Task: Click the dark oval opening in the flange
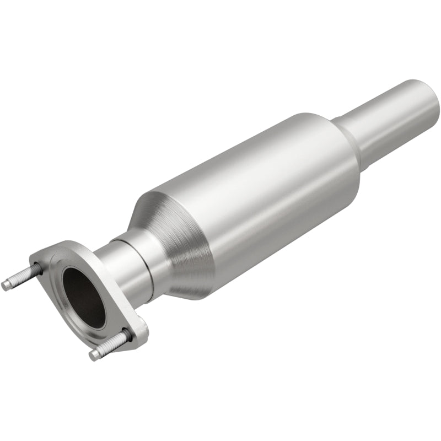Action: (83, 298)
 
